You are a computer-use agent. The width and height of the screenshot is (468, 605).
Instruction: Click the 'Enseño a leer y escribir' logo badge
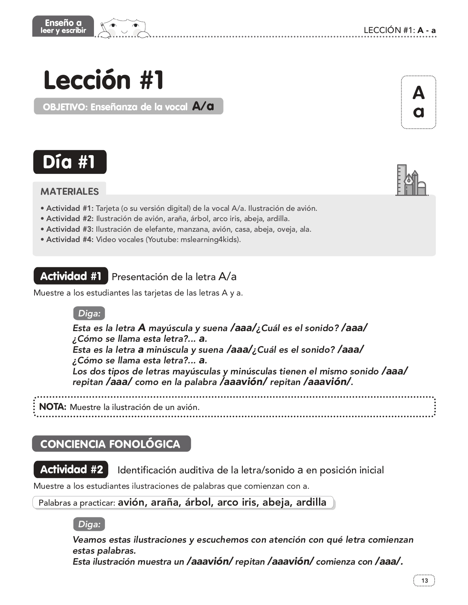tap(63, 26)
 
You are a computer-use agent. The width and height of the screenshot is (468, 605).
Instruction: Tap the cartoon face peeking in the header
tap(124, 28)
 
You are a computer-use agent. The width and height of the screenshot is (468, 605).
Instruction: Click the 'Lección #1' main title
tap(104, 80)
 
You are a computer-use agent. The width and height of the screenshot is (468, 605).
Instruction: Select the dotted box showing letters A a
tap(418, 102)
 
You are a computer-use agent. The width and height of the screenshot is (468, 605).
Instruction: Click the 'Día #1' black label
tap(70, 162)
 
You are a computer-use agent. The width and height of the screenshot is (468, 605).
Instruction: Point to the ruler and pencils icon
tap(411, 180)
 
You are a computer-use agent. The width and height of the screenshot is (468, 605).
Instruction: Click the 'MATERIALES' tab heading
tap(69, 191)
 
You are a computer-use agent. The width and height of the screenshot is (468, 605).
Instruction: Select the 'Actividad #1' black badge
tap(71, 276)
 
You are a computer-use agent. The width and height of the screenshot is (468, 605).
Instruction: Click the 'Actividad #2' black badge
tap(71, 469)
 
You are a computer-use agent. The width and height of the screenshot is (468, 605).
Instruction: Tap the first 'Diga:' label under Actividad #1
tap(89, 313)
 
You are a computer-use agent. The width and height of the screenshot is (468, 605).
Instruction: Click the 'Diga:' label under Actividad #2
tap(89, 524)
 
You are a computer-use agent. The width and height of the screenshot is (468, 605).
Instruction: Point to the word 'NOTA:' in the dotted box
tap(52, 407)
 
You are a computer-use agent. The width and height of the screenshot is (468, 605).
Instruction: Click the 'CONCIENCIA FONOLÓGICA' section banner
tap(111, 444)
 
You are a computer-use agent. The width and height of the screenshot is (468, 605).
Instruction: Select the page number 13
tap(424, 580)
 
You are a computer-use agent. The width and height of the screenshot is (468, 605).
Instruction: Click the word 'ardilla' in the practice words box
tap(311, 502)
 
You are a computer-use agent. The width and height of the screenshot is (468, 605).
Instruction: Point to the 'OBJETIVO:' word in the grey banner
tap(65, 107)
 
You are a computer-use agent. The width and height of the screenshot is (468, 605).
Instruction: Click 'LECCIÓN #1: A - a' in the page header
tap(399, 30)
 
